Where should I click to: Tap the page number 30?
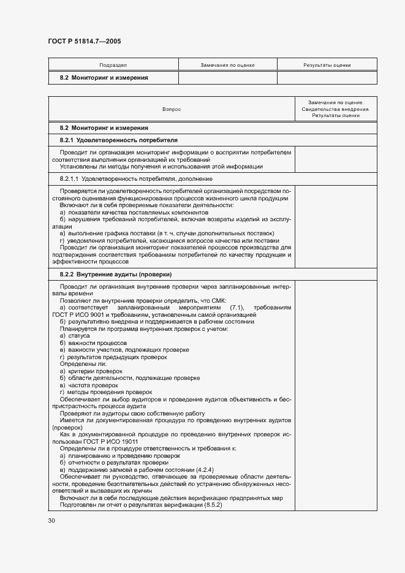[x=51, y=520]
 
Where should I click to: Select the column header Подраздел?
[x=113, y=64]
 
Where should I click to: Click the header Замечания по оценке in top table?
[x=227, y=64]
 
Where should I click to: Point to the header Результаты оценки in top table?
[x=327, y=64]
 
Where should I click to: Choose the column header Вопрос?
[x=172, y=108]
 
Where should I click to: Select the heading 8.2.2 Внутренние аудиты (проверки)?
[x=115, y=274]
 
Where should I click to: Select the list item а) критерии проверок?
[x=91, y=371]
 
